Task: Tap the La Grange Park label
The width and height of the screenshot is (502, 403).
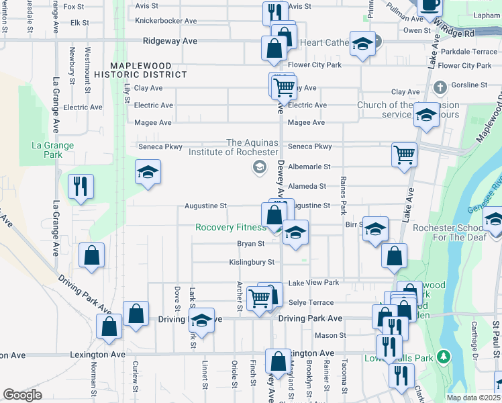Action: pos(47,150)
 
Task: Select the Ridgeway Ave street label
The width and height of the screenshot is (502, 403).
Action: pos(170,41)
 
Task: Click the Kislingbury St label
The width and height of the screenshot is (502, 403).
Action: pos(252,262)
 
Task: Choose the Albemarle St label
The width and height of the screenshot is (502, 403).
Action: pos(309,167)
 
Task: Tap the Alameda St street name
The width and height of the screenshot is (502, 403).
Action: pos(307,186)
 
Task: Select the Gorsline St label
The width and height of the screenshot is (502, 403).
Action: pos(469,85)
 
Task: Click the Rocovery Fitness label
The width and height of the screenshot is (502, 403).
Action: pos(231,228)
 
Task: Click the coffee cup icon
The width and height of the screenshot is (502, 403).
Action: pos(430,5)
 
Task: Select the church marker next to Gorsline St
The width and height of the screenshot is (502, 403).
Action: pos(440,87)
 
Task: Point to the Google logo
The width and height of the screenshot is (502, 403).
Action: pos(22,395)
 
